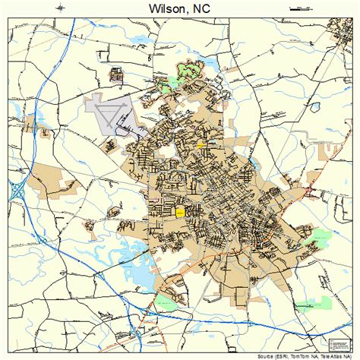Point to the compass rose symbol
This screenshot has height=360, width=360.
point(59,8)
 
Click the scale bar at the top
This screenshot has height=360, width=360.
point(301,8)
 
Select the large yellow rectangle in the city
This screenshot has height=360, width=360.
point(181,213)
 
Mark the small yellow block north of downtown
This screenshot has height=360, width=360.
point(201,144)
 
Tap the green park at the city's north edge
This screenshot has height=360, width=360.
point(187,73)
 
